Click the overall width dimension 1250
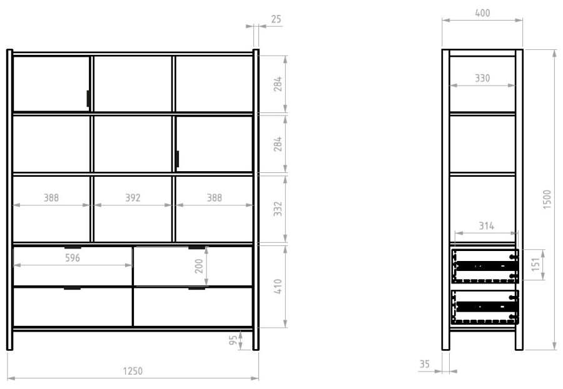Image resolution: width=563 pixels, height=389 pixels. [x=133, y=371]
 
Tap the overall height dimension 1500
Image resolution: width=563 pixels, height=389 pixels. [x=547, y=199]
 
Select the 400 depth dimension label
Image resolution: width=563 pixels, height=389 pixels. [x=482, y=13]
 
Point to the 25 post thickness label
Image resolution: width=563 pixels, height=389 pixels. [x=276, y=19]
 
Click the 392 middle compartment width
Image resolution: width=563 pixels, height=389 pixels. [x=133, y=197]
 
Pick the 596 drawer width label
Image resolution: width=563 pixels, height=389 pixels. [x=73, y=258]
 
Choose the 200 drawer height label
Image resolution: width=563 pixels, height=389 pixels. [x=199, y=266]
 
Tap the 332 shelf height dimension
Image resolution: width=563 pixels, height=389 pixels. [x=278, y=209]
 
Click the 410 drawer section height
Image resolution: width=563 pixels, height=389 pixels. [x=278, y=287]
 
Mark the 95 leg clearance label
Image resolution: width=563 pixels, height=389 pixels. [x=233, y=340]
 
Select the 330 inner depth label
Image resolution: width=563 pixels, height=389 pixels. [x=482, y=78]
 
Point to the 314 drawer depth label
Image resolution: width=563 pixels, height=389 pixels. [x=487, y=226]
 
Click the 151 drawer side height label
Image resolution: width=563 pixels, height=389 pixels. [x=535, y=264]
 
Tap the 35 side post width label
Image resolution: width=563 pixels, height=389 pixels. [x=425, y=364]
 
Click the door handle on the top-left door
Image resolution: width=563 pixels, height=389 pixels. [x=88, y=98]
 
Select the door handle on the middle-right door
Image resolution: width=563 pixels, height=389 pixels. [x=178, y=159]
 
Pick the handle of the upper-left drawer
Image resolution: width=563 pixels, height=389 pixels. [x=73, y=247]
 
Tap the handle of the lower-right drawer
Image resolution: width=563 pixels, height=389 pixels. [x=197, y=288]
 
